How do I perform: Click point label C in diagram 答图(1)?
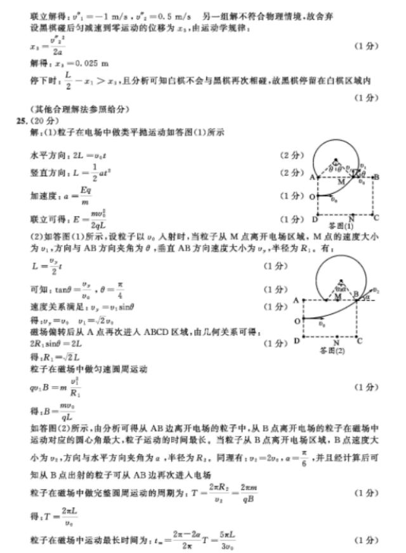(x=376, y=219)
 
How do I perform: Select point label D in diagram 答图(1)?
(x=315, y=219)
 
